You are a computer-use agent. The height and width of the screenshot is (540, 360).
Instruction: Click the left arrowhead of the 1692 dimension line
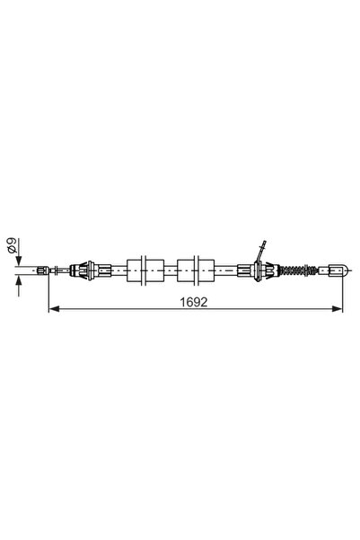click(x=51, y=310)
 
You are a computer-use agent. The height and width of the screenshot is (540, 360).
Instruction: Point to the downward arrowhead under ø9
click(x=19, y=260)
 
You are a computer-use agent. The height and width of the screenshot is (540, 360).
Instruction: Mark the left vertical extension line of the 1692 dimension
click(x=46, y=292)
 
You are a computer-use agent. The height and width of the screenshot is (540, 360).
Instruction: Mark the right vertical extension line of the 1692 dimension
click(x=343, y=292)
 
